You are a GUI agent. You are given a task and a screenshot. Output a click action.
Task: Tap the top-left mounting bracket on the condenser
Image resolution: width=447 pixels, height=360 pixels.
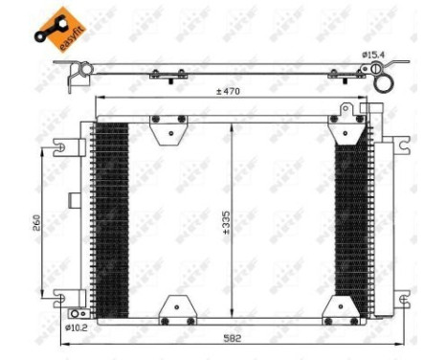click(x=168, y=125)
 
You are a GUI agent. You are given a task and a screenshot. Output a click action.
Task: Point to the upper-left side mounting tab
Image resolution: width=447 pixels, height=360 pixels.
click(x=62, y=148)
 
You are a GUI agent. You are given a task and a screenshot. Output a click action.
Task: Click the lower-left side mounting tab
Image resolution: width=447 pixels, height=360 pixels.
click(x=62, y=296)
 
